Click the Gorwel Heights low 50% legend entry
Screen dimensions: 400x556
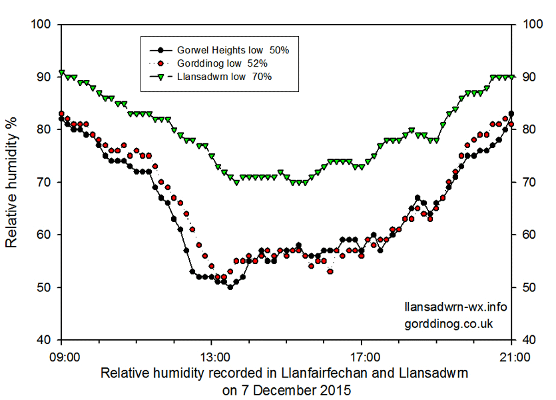coord(223,50)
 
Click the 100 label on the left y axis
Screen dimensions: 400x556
coord(41,25)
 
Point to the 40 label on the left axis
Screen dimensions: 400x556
coord(45,340)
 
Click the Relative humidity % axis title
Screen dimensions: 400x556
coord(11,182)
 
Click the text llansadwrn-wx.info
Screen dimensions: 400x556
coord(455,307)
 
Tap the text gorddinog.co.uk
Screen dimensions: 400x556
coord(448,323)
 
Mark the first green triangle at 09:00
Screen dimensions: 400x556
coord(61,72)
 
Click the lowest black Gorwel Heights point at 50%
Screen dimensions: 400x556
coord(230,287)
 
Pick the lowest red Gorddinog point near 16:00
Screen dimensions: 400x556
coord(330,271)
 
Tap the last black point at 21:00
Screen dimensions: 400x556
coord(511,114)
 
